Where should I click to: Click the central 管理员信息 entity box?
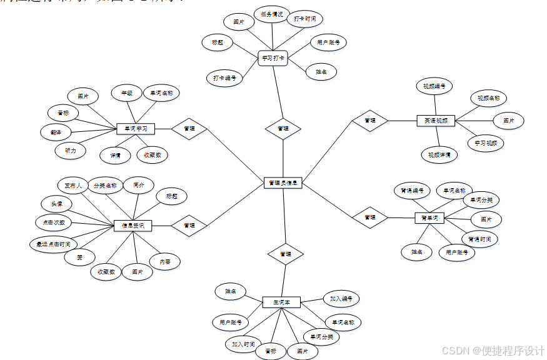[283, 183]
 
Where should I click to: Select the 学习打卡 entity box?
[273, 59]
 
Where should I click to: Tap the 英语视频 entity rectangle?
[436, 120]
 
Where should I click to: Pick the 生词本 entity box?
[281, 302]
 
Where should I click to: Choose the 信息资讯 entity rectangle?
[133, 225]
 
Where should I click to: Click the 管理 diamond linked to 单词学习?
[189, 128]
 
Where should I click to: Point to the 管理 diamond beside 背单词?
[370, 217]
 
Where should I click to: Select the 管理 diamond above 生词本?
[286, 254]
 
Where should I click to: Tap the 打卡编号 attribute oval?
[224, 78]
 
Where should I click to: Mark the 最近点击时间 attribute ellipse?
[54, 244]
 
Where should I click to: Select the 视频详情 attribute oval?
[439, 154]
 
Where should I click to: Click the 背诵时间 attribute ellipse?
[479, 239]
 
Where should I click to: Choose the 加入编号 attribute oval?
[341, 299]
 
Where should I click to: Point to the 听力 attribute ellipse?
[71, 151]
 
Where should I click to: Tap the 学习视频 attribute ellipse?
[486, 142]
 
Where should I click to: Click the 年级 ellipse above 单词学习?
[127, 94]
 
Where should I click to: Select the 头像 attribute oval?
[57, 204]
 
